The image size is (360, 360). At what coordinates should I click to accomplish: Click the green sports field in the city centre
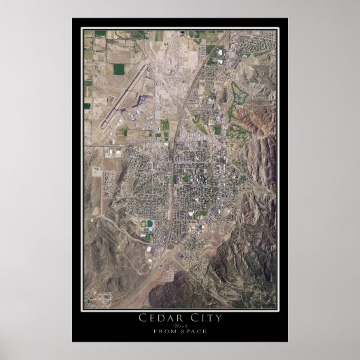tap(186, 179)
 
